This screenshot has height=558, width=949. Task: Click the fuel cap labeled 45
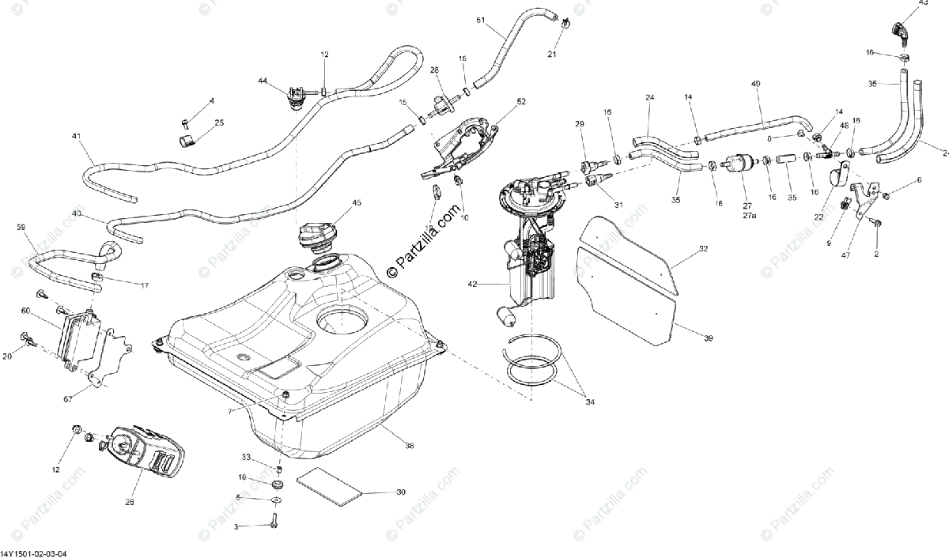click(319, 235)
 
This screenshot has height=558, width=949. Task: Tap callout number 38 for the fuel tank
click(410, 447)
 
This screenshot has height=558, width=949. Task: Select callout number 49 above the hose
click(755, 84)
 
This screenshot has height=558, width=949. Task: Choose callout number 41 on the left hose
click(77, 137)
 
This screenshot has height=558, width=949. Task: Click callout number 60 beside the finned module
click(25, 311)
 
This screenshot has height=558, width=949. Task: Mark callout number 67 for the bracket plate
click(67, 400)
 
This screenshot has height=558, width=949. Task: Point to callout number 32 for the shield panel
click(703, 249)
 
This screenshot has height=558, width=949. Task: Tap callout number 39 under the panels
click(708, 338)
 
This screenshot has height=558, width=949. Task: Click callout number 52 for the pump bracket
click(521, 102)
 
